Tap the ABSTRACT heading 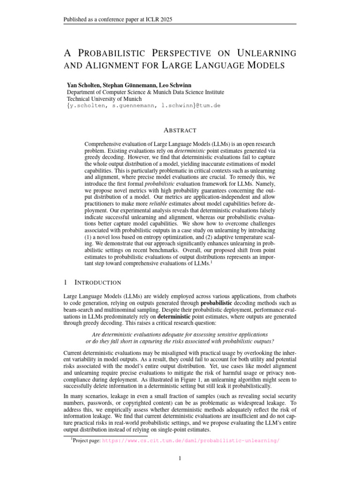coord(180,130)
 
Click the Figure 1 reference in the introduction coord(161,380)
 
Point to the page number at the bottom coord(180,458)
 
